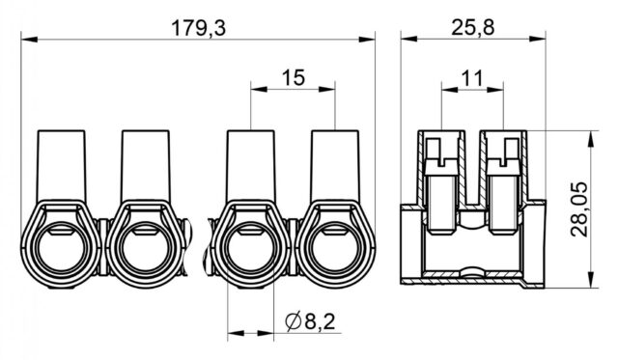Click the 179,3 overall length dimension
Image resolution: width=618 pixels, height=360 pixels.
click(x=199, y=29)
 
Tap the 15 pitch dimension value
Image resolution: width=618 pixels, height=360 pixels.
click(x=294, y=78)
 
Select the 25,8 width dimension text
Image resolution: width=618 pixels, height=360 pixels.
click(x=472, y=28)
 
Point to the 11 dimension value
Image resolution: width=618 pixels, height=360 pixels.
click(x=472, y=79)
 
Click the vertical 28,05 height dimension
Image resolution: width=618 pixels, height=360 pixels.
click(x=578, y=209)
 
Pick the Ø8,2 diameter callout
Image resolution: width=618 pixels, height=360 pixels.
click(x=310, y=321)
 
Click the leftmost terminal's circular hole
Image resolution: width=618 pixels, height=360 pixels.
click(x=61, y=249)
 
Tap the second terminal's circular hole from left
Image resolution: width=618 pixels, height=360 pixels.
click(x=146, y=249)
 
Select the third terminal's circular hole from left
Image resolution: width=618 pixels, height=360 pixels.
click(x=250, y=249)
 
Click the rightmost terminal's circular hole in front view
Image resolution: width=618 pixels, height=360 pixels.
click(x=335, y=249)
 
